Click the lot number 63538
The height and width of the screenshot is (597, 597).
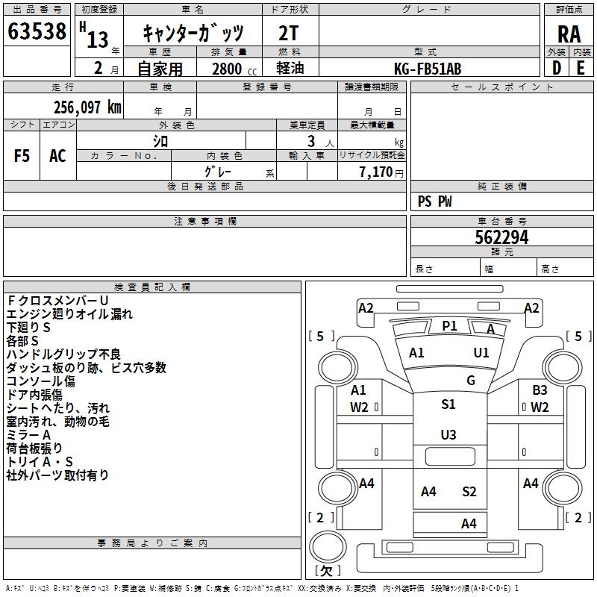(37, 31)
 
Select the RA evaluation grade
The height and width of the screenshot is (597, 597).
(569, 34)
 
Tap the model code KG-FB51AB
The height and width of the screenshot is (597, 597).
(428, 69)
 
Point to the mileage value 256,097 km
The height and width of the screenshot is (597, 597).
(87, 107)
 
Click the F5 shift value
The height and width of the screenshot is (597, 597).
(22, 156)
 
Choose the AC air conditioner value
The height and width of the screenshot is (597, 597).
(57, 156)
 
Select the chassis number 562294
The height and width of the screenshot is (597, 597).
(501, 237)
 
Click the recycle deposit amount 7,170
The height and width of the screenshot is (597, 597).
(376, 172)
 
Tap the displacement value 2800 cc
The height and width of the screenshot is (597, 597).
(234, 69)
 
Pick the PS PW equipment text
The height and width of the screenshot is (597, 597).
(434, 201)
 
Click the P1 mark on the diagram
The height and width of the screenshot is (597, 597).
(449, 326)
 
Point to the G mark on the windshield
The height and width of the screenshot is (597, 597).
(471, 380)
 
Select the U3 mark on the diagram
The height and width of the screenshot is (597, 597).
(448, 435)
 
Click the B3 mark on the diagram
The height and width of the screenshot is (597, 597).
(540, 390)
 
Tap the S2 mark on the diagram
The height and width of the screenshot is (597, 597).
(469, 492)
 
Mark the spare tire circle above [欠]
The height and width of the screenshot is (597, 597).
(328, 546)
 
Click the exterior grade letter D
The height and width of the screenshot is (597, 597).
(557, 68)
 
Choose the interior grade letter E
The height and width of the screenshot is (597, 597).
(581, 68)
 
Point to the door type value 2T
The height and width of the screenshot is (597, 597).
(288, 33)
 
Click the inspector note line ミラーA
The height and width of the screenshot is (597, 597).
(28, 435)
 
